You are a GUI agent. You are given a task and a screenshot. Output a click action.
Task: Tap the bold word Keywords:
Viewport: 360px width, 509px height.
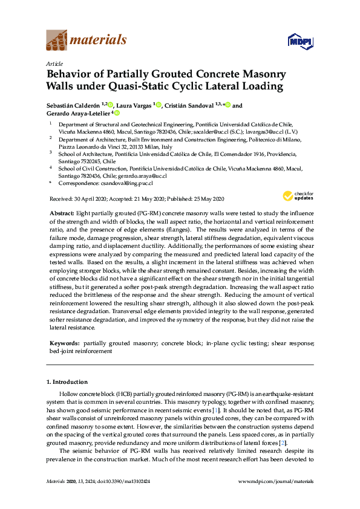click(64, 343)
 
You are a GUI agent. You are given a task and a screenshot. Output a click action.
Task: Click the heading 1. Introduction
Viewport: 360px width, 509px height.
click(67, 382)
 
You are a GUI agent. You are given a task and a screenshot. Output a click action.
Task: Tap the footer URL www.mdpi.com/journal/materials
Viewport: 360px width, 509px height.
click(276, 481)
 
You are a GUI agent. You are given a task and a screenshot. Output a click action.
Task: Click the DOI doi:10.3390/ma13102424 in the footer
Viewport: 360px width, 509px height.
click(119, 481)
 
